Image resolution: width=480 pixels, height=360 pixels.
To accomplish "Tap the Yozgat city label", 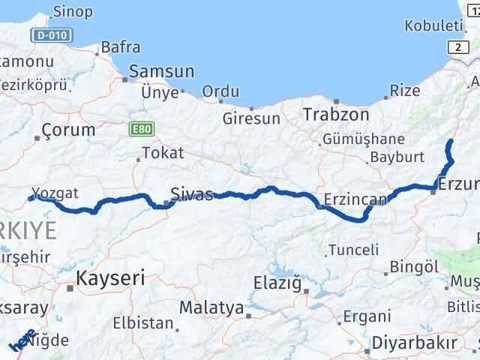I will [x=55, y=193].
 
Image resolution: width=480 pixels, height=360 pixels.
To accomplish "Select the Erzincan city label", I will [x=355, y=199].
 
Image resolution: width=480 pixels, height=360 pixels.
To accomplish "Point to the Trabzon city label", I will [x=336, y=115].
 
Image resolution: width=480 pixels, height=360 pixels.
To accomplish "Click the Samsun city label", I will [x=161, y=72].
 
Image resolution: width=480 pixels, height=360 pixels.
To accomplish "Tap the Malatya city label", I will [x=211, y=307].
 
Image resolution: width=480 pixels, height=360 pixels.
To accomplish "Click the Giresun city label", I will [x=251, y=118].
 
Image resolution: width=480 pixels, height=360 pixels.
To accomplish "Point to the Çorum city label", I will [x=69, y=130].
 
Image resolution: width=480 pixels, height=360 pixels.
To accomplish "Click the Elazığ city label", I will [x=277, y=283].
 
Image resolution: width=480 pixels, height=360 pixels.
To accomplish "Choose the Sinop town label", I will [x=73, y=11].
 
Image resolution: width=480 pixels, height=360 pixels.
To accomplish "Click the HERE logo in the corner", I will [x=22, y=340].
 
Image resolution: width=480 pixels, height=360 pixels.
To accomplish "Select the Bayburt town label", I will [x=397, y=158].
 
